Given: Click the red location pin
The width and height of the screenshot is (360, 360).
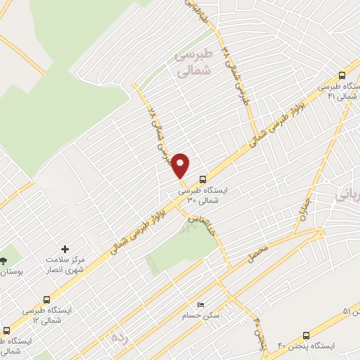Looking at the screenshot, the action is (181, 164).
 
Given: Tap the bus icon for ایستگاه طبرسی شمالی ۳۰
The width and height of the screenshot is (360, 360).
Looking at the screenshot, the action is (203, 179).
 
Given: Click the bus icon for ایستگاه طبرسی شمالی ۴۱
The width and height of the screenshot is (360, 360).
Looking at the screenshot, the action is (342, 75).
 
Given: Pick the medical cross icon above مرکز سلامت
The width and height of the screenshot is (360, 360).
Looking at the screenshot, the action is (65, 249).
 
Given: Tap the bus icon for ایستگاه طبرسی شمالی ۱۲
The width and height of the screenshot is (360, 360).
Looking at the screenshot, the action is (47, 300).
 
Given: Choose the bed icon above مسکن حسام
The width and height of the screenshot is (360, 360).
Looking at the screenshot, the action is (202, 304).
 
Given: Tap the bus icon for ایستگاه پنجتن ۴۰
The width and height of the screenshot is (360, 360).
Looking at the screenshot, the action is (304, 335).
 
